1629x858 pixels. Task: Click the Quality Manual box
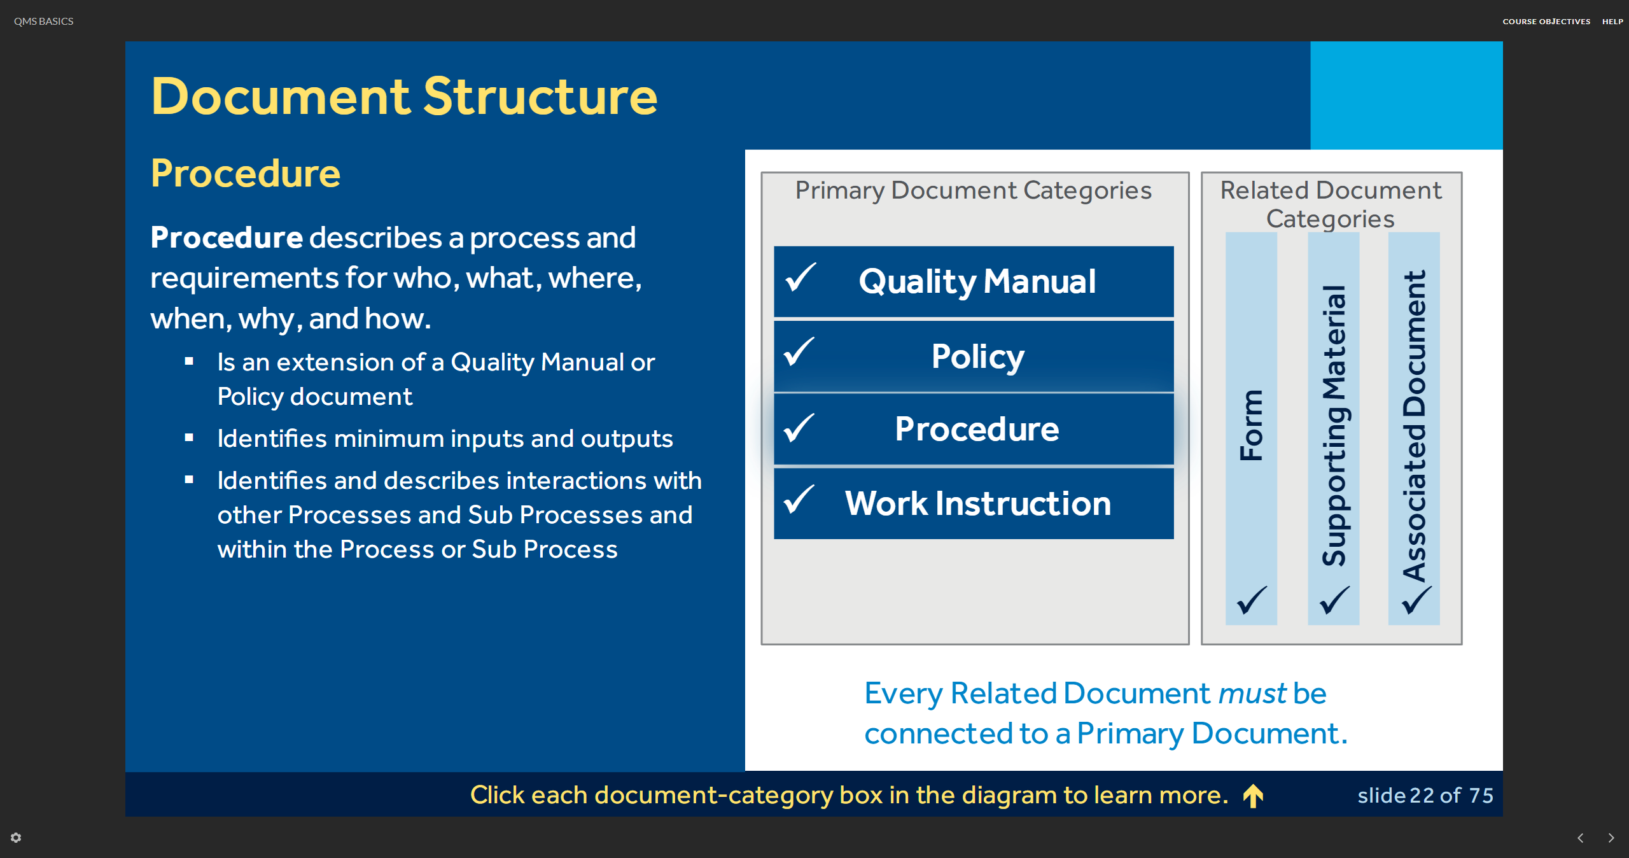pos(974,281)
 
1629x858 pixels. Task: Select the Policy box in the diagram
pos(974,356)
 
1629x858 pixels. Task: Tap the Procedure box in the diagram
pos(974,429)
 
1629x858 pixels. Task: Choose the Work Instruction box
pos(974,503)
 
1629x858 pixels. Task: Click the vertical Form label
pos(1251,425)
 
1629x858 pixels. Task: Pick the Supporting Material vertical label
pos(1334,425)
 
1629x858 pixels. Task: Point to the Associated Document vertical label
pos(1414,425)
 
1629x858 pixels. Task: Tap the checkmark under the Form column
pos(1252,600)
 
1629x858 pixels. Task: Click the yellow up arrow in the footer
pos(1254,796)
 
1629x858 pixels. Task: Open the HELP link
pos(1612,22)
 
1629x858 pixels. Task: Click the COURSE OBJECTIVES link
pos(1546,22)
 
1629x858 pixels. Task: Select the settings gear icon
pos(16,838)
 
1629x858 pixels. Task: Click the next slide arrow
pos(1611,838)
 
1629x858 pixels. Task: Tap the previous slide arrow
pos(1581,838)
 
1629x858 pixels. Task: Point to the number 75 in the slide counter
pos(1481,796)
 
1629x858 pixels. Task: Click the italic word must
pos(1252,694)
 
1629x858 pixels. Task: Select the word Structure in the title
pos(540,97)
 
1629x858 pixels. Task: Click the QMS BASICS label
pos(44,22)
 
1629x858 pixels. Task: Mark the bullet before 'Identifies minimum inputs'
pos(189,437)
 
